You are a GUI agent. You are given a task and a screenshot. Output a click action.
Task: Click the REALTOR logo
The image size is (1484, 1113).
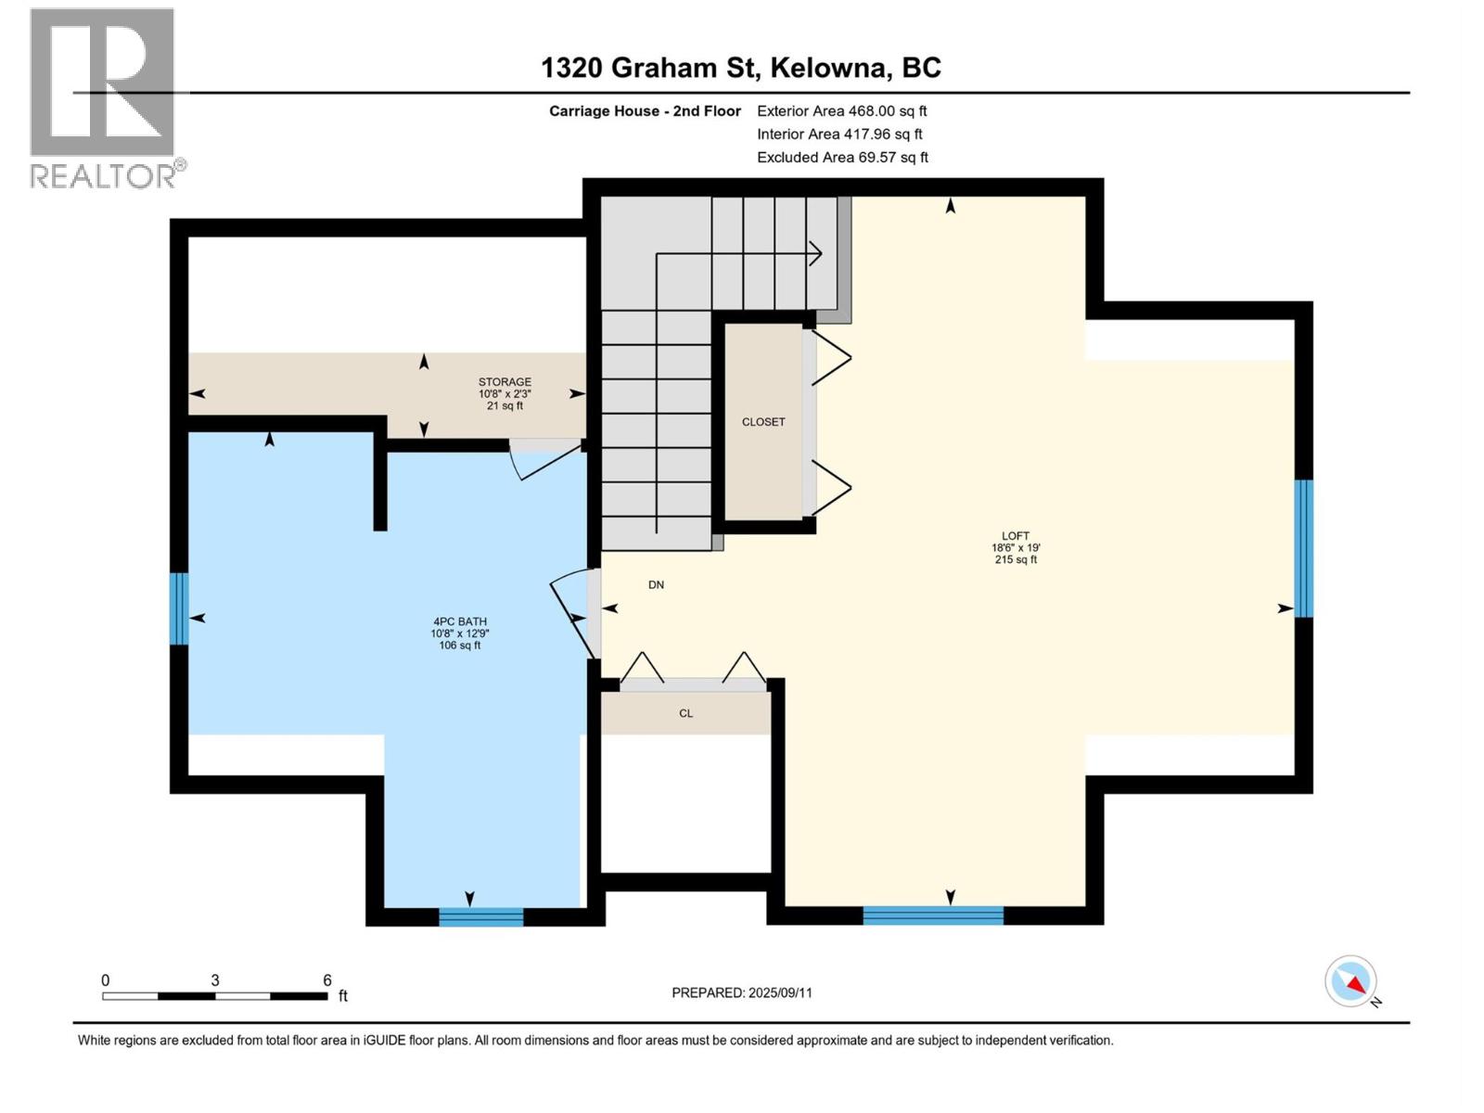(102, 97)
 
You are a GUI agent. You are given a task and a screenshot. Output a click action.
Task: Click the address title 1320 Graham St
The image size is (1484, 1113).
(740, 68)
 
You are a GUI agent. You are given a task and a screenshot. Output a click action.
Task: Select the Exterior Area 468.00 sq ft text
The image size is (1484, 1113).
(841, 111)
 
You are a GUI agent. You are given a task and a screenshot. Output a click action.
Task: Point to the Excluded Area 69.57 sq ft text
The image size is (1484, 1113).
(842, 158)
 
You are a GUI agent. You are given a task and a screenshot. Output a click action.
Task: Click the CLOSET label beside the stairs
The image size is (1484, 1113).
(763, 422)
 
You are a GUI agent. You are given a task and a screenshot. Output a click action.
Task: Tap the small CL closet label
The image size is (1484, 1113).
(685, 713)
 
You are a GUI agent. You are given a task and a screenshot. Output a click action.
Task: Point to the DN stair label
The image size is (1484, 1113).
(656, 585)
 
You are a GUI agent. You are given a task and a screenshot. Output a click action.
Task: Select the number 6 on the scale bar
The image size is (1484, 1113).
(326, 980)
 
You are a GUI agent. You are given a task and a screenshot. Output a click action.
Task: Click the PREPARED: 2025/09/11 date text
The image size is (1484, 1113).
(742, 992)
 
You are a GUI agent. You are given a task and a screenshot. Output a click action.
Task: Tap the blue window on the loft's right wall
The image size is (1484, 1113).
(1303, 548)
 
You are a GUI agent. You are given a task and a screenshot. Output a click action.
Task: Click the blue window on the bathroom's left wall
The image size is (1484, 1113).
(179, 608)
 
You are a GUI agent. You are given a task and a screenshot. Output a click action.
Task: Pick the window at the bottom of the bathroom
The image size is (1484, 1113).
(480, 917)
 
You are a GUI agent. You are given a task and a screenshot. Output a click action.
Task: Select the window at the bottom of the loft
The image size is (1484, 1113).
(933, 916)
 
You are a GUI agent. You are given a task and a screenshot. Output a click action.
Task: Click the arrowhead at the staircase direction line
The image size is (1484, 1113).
(815, 252)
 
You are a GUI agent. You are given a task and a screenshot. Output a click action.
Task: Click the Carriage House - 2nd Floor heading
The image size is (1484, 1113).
(645, 111)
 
